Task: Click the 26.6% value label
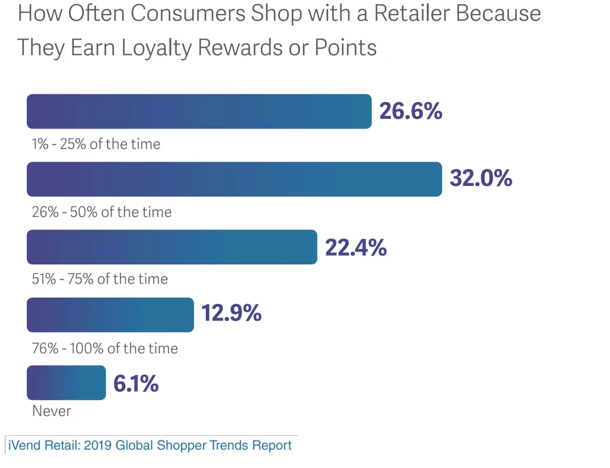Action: click(x=411, y=111)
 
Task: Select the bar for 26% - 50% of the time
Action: click(x=234, y=179)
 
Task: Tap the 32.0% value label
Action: click(x=481, y=178)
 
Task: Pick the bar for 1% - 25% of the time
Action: click(x=199, y=111)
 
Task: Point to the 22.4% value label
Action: click(x=356, y=247)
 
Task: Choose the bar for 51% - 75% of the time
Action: click(x=172, y=247)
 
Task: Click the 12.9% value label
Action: click(x=231, y=314)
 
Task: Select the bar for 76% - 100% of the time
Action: click(x=110, y=315)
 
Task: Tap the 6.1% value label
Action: click(x=136, y=384)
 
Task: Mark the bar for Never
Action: click(x=66, y=383)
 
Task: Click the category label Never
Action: click(x=51, y=411)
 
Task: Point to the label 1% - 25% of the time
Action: click(x=96, y=144)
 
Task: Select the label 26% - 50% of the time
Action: click(x=102, y=212)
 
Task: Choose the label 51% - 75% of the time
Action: click(x=100, y=279)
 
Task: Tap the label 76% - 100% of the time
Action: click(x=105, y=349)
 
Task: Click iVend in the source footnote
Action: click(x=23, y=445)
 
